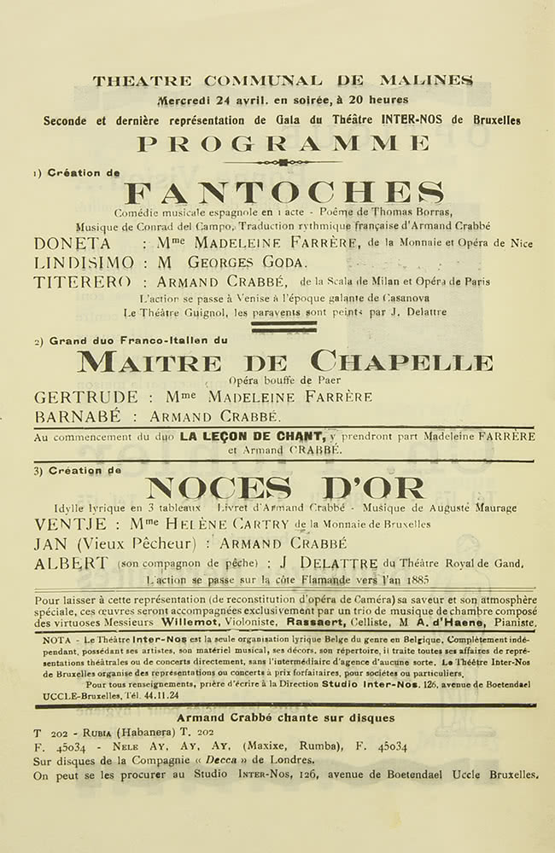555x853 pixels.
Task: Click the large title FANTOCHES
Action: (x=283, y=193)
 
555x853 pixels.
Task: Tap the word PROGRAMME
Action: (x=283, y=143)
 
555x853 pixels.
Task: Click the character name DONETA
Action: (x=73, y=243)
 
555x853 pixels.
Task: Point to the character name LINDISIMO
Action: (x=84, y=263)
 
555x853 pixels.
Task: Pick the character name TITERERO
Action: (x=82, y=281)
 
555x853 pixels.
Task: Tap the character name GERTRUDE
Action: (x=85, y=397)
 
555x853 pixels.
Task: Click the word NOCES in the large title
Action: (x=219, y=490)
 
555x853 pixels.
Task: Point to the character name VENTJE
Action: (x=71, y=525)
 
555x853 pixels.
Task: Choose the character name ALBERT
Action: (x=71, y=563)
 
